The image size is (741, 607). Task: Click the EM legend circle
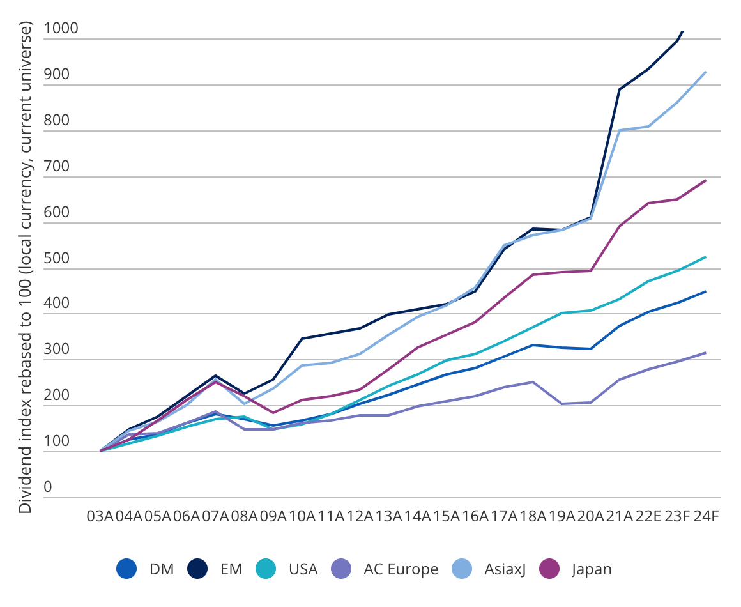pos(198,569)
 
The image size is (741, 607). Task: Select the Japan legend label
pos(592,569)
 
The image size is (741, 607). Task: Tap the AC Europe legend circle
pos(342,569)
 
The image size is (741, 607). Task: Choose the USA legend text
pos(303,569)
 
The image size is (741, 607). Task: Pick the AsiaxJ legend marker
pos(462,569)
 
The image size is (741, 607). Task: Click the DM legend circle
pos(127,569)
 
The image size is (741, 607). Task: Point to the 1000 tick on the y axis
pos(61,29)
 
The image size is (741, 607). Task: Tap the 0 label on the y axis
pos(47,488)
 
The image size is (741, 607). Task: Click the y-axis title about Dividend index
pos(25,268)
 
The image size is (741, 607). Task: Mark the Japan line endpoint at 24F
pos(706,180)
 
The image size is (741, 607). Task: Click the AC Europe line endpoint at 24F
pos(706,353)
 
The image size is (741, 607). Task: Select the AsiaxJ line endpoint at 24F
pos(706,72)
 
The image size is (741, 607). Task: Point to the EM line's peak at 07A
pos(215,376)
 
